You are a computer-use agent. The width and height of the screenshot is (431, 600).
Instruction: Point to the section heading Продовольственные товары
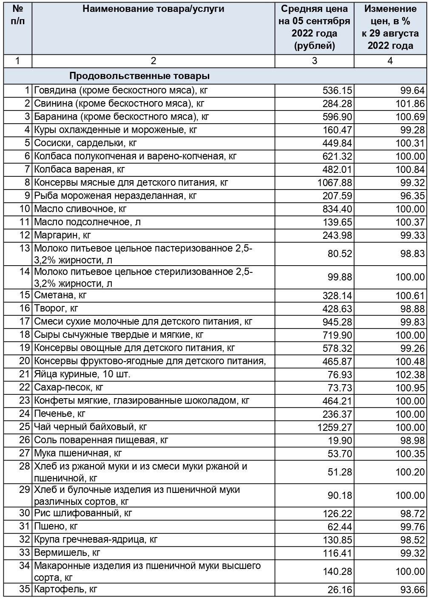(x=139, y=76)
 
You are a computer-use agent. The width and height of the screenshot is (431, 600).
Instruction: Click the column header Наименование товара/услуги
(x=153, y=9)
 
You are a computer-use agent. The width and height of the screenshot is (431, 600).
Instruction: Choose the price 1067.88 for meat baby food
(x=335, y=183)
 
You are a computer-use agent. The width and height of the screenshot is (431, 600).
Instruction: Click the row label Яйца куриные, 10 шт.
(x=82, y=374)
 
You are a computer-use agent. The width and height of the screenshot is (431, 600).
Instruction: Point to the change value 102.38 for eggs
(x=410, y=374)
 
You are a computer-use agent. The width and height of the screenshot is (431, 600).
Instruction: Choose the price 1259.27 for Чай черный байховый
(x=335, y=427)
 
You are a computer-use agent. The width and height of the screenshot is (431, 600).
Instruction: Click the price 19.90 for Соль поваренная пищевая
(x=340, y=440)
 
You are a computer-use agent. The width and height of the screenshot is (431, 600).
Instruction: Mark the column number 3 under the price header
(x=314, y=61)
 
